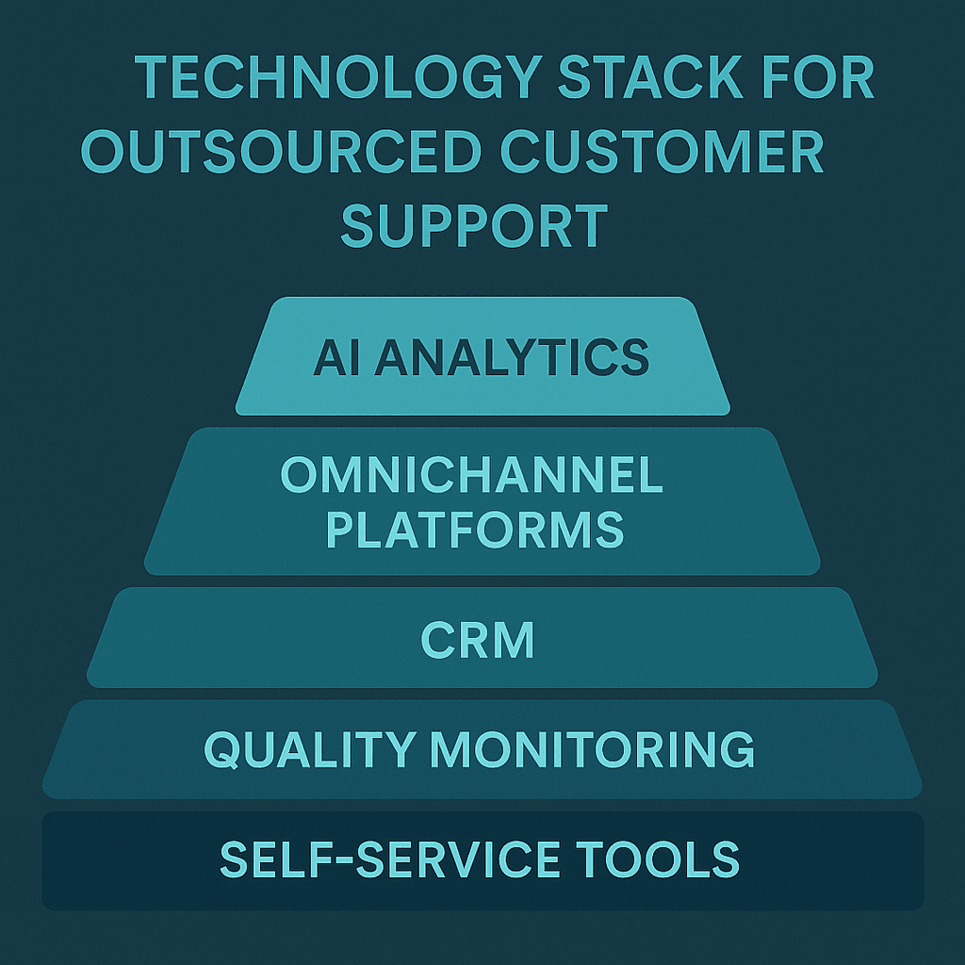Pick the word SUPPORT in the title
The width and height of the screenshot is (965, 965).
tap(473, 226)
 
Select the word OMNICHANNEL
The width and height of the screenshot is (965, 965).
tap(472, 476)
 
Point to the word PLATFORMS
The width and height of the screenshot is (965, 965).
tap(475, 530)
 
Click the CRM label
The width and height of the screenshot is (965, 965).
tap(478, 641)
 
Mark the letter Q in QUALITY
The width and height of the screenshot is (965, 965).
tap(222, 749)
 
